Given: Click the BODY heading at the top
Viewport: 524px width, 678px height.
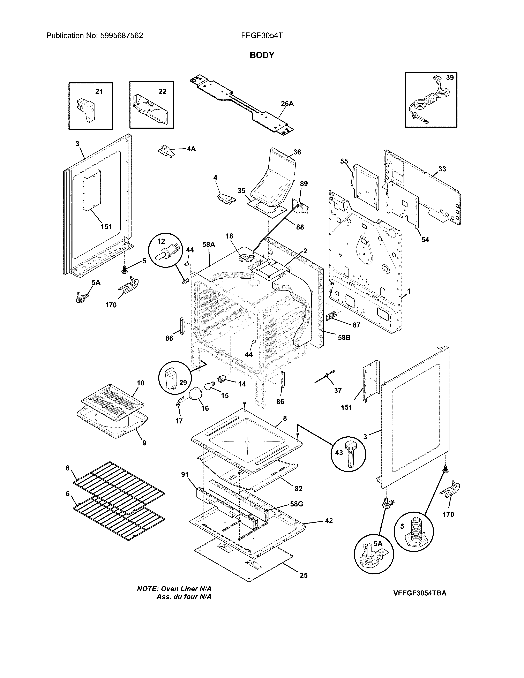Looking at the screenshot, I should (x=262, y=55).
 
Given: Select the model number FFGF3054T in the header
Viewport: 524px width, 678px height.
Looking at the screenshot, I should (x=262, y=36).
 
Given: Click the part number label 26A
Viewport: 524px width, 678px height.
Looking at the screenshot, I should (x=287, y=104).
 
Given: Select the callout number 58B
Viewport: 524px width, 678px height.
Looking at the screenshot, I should (x=344, y=337).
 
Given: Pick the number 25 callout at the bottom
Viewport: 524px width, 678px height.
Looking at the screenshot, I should (x=303, y=575).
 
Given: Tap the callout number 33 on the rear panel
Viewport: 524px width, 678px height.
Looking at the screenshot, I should (x=442, y=169).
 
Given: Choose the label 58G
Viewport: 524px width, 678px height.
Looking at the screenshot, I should (x=297, y=504).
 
